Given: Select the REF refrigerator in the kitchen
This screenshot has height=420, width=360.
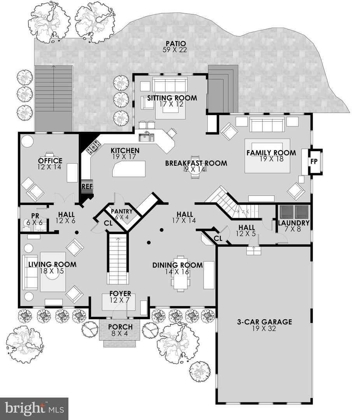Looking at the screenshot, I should click(87, 186).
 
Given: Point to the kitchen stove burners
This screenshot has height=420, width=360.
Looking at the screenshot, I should click(94, 147).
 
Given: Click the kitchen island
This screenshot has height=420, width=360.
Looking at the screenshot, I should click(129, 169).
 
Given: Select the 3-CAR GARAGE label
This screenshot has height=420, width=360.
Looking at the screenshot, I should click(264, 322).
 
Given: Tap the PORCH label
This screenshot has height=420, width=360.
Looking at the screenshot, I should click(120, 327).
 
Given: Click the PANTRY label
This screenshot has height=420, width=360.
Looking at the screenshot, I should click(122, 212).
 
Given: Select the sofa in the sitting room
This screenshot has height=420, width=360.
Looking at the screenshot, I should click(169, 84).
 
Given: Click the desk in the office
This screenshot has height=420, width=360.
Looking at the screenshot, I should click(49, 155).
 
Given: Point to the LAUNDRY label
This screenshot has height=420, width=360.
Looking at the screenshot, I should click(293, 223).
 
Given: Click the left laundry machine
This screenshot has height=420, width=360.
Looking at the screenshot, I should click(287, 212).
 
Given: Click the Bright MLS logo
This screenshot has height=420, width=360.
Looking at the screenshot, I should click(34, 408).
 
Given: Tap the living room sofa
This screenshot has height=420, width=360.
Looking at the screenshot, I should click(29, 272).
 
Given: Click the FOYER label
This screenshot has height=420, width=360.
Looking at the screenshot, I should click(120, 293).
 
